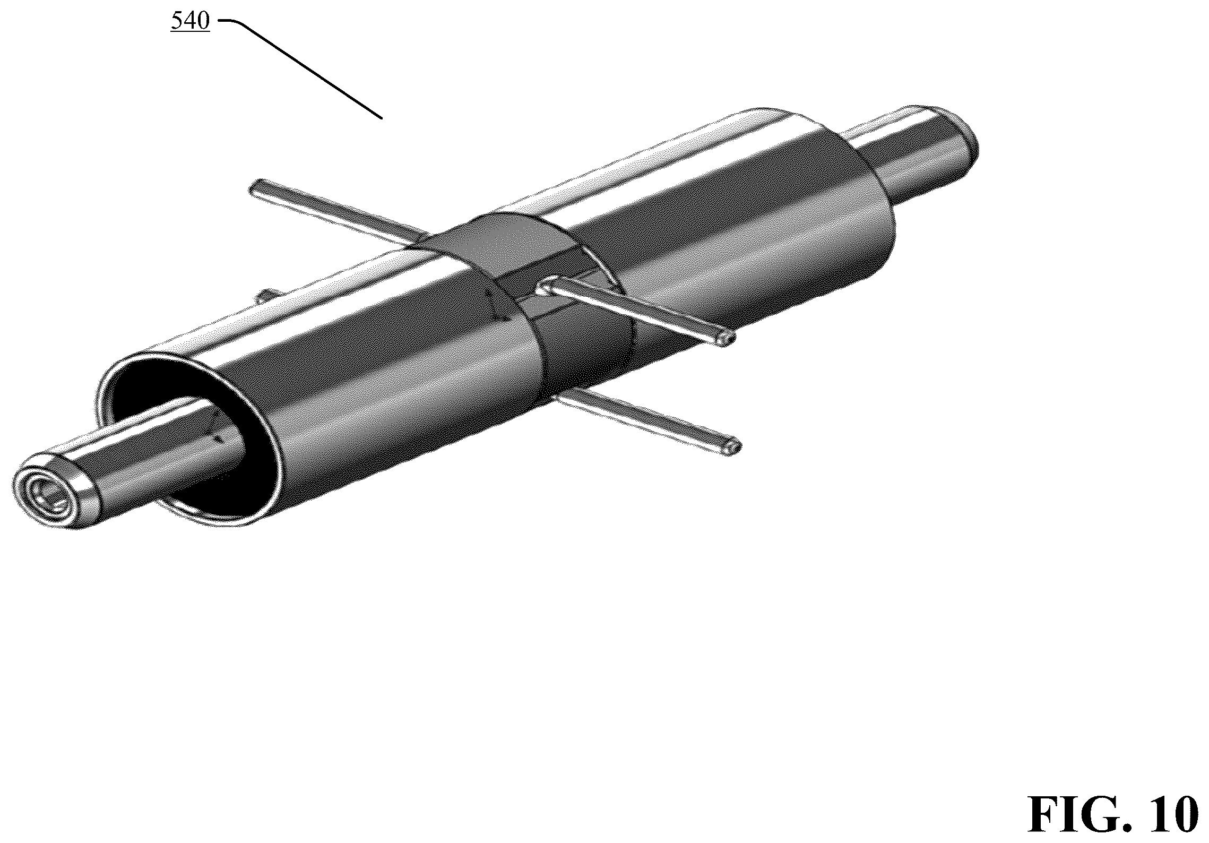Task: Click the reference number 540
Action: coord(190,22)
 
